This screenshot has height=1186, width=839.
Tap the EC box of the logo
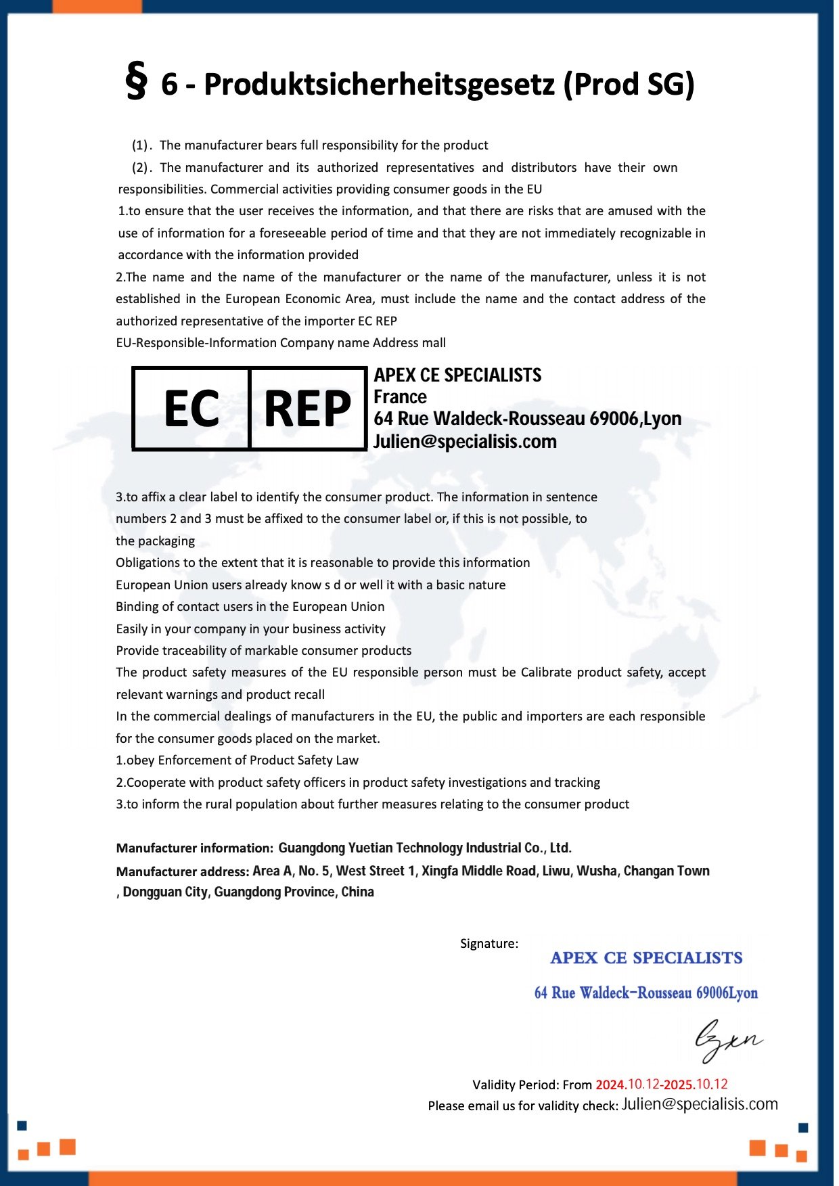click(191, 409)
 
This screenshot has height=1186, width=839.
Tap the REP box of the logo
click(308, 409)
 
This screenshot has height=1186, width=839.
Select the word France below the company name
click(400, 396)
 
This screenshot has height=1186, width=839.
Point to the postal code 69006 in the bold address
click(613, 418)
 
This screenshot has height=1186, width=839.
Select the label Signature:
click(489, 943)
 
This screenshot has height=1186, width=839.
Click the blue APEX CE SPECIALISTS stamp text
click(646, 958)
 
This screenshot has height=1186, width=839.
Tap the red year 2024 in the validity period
click(610, 1085)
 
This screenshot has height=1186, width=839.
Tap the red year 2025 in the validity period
click(679, 1085)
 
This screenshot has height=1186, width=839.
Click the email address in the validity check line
click(700, 1104)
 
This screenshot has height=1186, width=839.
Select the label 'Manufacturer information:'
click(194, 848)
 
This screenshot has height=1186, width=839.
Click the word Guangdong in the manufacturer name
click(311, 848)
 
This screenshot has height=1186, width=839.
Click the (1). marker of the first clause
click(141, 145)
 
